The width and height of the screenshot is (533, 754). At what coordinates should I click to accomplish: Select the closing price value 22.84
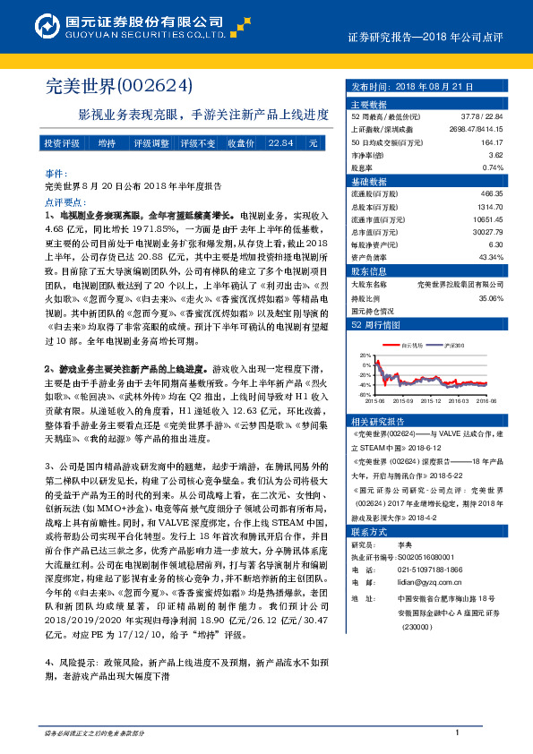pos(280,143)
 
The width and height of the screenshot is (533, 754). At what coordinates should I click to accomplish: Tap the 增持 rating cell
pos(107,143)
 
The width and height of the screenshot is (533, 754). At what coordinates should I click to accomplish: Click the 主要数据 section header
pos(367,104)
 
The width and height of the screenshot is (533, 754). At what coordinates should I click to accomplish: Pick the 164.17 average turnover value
pos(491,141)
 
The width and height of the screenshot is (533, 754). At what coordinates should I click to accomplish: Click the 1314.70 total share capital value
pos(491,206)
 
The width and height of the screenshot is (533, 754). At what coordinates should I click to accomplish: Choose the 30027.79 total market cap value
pos(489,232)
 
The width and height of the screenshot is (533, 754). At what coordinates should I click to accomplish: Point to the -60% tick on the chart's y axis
pos(364,394)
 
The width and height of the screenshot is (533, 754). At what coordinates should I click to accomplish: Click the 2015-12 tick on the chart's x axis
pos(425,401)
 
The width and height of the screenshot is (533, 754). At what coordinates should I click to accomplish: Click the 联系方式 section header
pos(368,531)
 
